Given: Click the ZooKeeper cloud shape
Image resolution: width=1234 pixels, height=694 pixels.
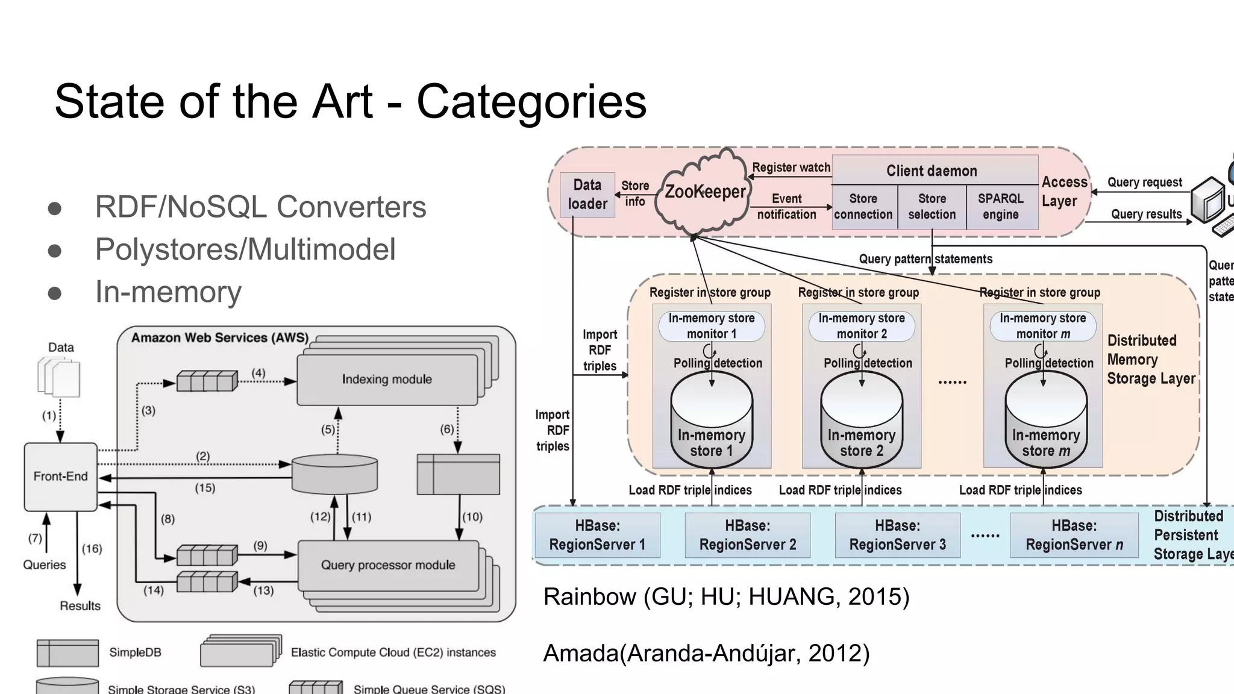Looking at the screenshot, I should click(x=704, y=192).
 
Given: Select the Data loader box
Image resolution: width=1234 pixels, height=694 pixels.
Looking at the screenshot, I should click(x=587, y=195).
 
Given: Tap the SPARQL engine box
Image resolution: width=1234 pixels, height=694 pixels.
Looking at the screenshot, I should click(x=1000, y=207).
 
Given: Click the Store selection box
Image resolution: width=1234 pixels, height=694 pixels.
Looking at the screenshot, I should click(x=932, y=207).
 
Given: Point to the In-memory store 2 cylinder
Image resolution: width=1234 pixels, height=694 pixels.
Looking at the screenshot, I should click(x=861, y=422).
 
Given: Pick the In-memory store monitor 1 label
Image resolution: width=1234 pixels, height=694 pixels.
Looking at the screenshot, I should click(x=712, y=326).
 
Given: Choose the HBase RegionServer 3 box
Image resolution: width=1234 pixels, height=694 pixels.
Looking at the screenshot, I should click(x=897, y=535).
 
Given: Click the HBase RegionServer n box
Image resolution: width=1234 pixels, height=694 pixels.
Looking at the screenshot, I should click(x=1074, y=535).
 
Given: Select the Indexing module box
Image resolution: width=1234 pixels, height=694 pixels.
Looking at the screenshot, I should click(x=387, y=379).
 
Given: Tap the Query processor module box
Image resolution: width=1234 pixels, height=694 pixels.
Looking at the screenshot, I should click(x=388, y=565).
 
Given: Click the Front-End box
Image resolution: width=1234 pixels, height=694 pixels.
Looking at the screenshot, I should click(x=60, y=477).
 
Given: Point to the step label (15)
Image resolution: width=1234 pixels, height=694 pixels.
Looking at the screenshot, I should click(x=205, y=488).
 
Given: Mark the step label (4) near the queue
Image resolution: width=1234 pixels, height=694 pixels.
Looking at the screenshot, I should click(x=258, y=373).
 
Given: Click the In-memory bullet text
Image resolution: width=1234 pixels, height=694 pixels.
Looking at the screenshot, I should click(x=168, y=292).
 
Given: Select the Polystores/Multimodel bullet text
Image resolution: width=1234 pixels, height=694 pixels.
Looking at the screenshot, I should click(x=245, y=249).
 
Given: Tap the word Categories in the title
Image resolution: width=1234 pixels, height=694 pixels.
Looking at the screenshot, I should click(x=531, y=101).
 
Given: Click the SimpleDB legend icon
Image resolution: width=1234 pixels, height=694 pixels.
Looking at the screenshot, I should click(x=67, y=653).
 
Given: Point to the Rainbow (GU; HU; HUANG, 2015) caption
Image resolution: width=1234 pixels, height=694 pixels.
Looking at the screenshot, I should click(x=726, y=596).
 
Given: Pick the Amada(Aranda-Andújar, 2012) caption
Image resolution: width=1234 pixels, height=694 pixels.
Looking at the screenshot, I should click(x=706, y=653).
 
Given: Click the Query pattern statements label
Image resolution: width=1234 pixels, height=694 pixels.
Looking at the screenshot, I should click(x=925, y=259).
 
